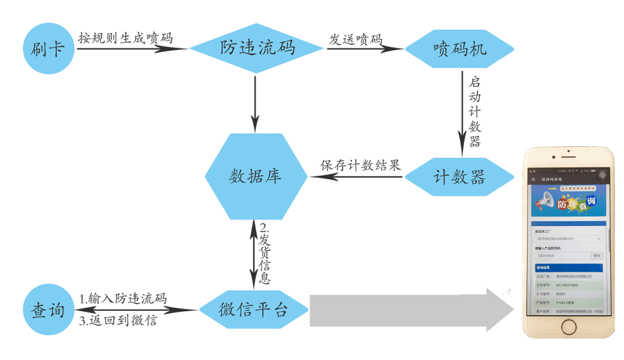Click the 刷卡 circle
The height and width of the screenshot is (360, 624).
(49, 49)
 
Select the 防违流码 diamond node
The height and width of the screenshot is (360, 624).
(257, 48)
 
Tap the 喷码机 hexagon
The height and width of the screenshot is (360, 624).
(459, 49)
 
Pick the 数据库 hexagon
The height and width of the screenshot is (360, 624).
(255, 176)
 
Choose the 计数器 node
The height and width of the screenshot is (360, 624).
(459, 177)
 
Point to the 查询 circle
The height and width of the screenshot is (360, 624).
(49, 310)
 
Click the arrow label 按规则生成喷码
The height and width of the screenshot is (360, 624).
(125, 38)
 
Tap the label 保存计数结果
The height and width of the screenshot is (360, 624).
(361, 165)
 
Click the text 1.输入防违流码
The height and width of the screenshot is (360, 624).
(123, 298)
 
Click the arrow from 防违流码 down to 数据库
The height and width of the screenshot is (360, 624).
(255, 104)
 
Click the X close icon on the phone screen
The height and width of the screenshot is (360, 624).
(533, 179)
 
